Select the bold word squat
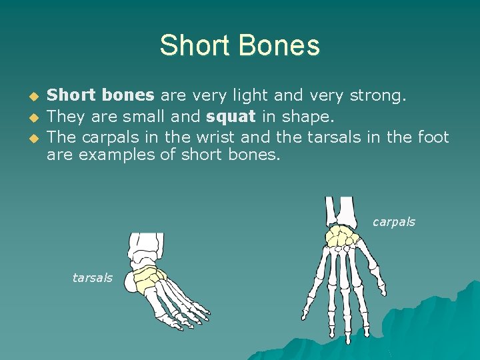point(231,117)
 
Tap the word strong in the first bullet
point(375,96)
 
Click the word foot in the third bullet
point(433,137)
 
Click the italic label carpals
point(393,222)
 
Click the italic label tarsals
point(92,278)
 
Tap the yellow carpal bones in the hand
point(343,236)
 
